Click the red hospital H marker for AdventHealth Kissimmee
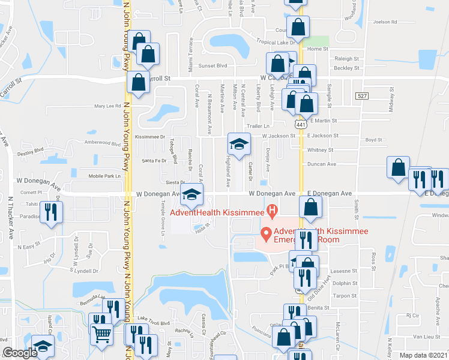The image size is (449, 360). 272,211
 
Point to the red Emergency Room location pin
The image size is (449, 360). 265,232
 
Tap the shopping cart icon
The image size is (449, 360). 101,334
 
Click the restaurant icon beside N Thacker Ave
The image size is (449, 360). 51,212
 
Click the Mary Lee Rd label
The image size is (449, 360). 108,106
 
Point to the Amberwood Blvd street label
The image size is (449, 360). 103,143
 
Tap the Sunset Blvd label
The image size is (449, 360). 212,65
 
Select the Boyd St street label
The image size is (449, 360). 374,140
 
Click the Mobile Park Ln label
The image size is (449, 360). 105,176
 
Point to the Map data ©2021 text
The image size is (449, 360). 424,355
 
